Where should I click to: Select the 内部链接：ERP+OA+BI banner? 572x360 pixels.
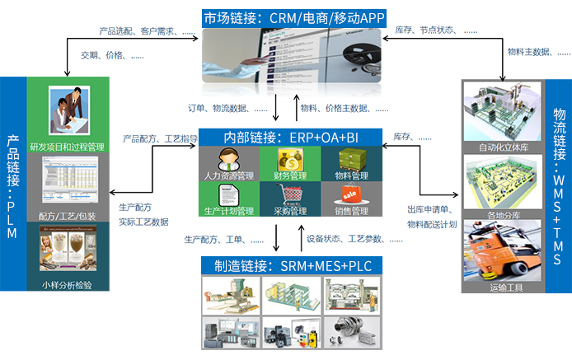[284, 137]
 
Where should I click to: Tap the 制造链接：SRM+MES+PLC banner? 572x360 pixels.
[284, 266]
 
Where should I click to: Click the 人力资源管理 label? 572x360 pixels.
[229, 175]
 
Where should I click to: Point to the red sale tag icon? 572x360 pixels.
[348, 194]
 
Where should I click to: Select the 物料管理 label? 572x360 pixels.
[348, 175]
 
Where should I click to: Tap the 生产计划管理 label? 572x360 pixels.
[229, 211]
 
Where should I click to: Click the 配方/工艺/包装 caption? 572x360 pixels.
[68, 216]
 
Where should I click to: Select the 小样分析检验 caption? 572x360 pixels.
[67, 286]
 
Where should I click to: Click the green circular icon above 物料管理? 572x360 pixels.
[348, 159]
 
